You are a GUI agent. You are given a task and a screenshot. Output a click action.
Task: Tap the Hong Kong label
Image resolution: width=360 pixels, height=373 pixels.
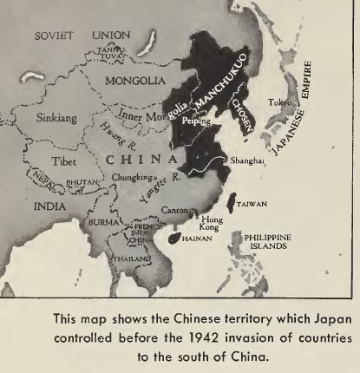coord(212,225)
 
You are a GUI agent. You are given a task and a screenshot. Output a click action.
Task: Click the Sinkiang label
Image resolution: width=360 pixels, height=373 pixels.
coord(32,114)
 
